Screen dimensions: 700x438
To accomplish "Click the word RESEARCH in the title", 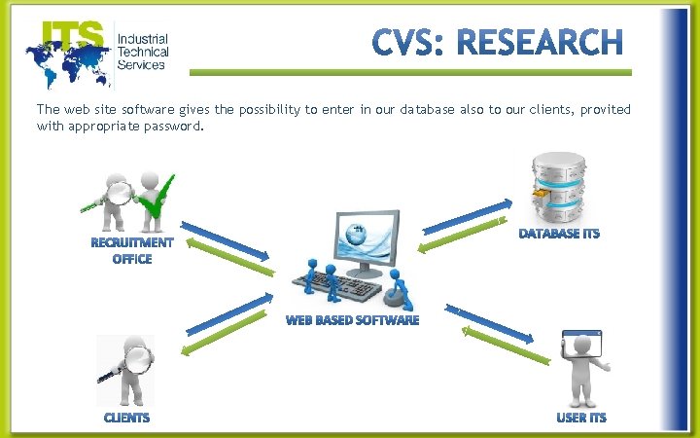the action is [x=539, y=44].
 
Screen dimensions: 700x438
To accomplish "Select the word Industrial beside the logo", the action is [x=142, y=37].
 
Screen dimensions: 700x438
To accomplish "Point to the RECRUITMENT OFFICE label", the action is [x=132, y=250].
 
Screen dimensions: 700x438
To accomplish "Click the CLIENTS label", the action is [x=127, y=418].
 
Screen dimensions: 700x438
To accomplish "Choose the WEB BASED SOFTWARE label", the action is [x=352, y=319].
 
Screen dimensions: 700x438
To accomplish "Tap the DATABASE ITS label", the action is [x=559, y=234].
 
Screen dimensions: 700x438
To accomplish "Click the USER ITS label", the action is [x=581, y=418].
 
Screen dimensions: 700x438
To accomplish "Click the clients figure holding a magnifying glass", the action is [x=125, y=369].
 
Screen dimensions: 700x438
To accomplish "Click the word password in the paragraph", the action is [x=172, y=126].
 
